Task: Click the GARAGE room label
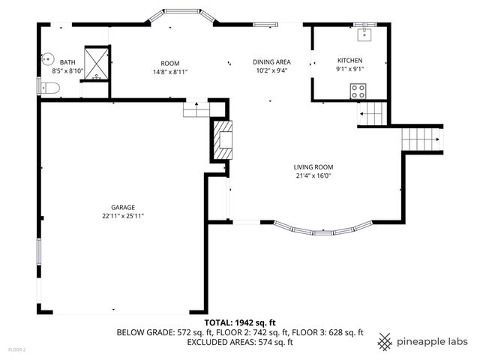(123, 207)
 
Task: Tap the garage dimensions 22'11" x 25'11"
(123, 216)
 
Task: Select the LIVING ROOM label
(313, 167)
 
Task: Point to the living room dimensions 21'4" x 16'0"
(313, 176)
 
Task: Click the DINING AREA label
(271, 62)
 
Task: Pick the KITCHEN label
(349, 60)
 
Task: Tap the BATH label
(67, 63)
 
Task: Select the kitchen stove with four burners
(358, 91)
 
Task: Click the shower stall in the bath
(96, 61)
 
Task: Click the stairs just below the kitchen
(373, 114)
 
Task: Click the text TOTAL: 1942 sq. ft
(240, 322)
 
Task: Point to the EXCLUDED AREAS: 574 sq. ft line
(240, 342)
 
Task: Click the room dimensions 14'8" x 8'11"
(169, 72)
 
